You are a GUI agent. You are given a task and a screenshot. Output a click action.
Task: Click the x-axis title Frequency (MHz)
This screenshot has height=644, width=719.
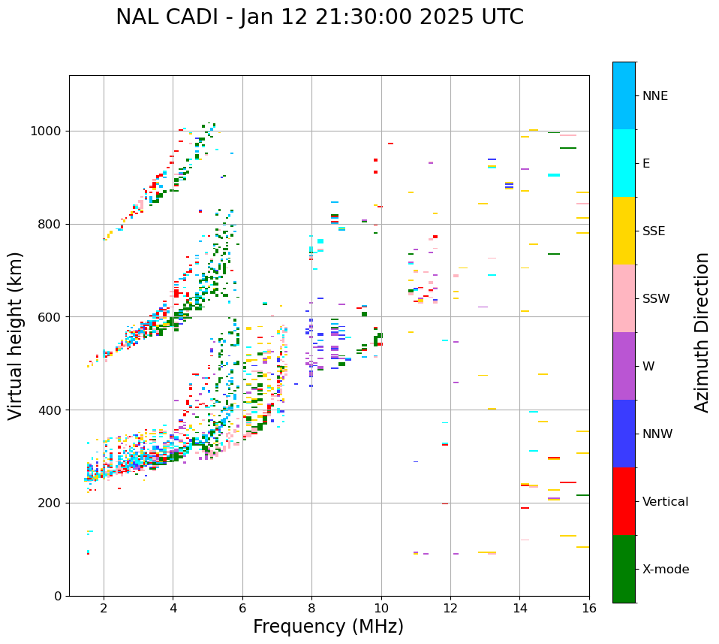(x=328, y=627)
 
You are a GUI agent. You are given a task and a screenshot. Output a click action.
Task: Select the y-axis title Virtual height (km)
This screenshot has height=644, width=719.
(x=16, y=336)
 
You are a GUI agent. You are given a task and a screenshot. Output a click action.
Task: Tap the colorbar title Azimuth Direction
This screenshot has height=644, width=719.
(x=702, y=332)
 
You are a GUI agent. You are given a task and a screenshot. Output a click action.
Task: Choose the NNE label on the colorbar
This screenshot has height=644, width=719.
(x=654, y=96)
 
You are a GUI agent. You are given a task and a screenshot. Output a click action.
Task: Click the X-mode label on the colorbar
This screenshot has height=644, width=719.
(x=665, y=570)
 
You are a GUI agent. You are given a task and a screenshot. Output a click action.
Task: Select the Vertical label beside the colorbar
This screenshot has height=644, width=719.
(x=665, y=502)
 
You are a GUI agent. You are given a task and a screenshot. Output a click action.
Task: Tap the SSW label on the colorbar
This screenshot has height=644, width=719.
(x=656, y=299)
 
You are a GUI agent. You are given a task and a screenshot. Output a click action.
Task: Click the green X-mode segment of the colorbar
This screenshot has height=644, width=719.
(x=624, y=569)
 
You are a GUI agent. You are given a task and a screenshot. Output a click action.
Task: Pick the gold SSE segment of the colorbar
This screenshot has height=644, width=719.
(x=624, y=231)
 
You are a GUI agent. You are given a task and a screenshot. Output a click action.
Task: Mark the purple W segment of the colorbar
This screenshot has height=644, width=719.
(x=624, y=366)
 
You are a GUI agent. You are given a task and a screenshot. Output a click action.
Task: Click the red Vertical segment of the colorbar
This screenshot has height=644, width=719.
(x=624, y=501)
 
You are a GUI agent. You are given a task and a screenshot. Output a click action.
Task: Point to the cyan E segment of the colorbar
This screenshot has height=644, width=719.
(x=624, y=163)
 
